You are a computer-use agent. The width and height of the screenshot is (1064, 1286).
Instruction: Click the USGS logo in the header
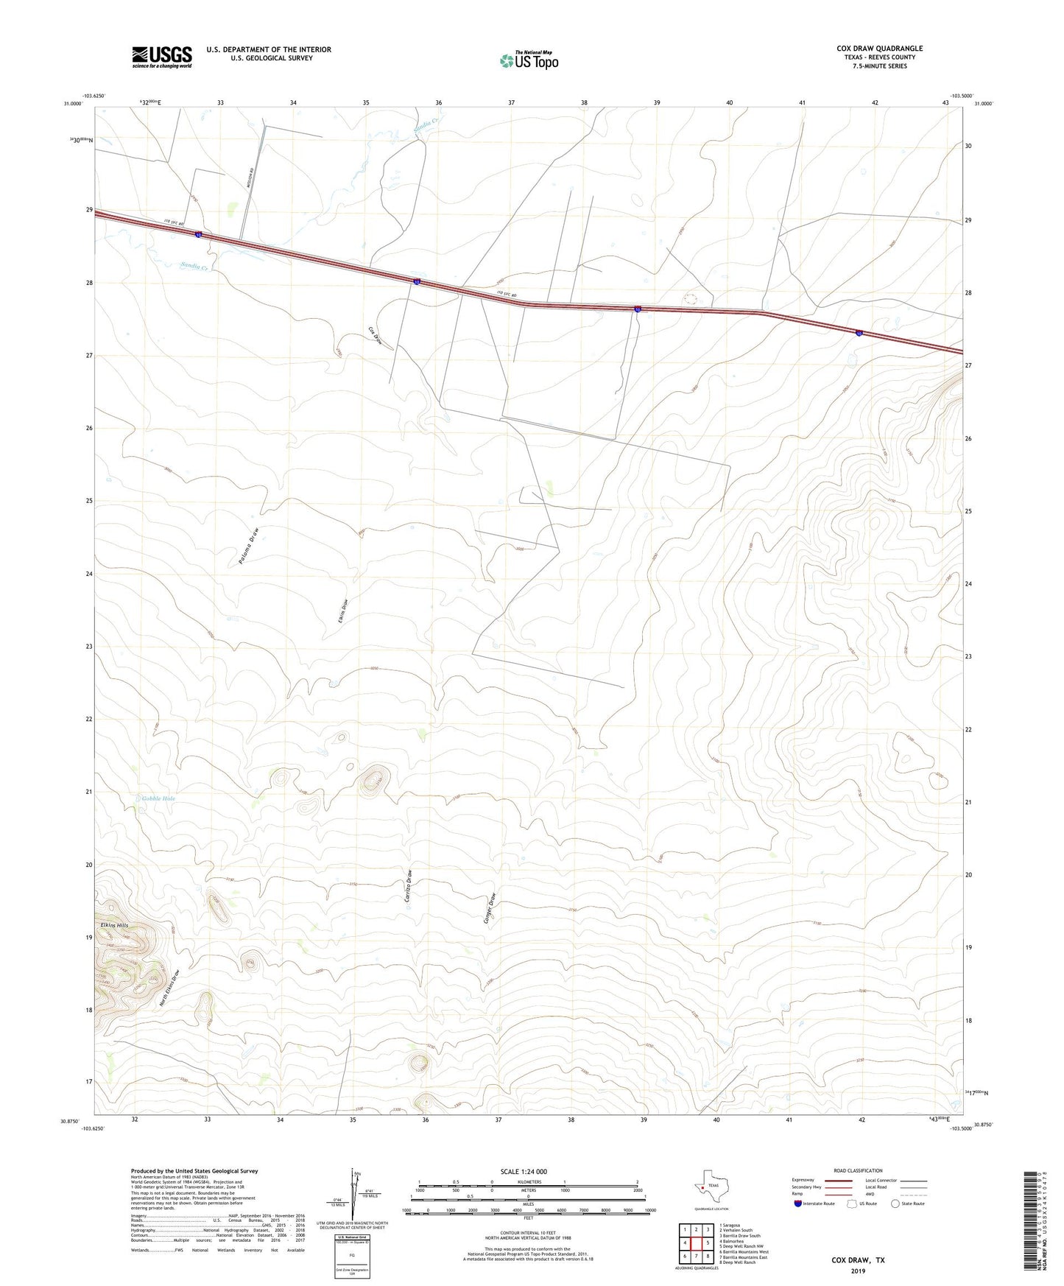pos(161,56)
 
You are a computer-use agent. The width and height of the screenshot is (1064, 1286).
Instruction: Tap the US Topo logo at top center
pos(529,60)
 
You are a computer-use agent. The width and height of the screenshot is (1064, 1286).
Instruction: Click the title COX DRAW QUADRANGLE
pos(879,49)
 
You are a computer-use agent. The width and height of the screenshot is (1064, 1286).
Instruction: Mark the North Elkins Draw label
pos(169,988)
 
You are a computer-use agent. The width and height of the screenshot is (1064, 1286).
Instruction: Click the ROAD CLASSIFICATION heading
pos(858,1170)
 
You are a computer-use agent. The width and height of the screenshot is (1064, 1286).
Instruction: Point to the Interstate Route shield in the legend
pos(798,1204)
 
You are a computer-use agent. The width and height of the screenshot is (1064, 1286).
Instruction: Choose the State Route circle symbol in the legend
pos(895,1204)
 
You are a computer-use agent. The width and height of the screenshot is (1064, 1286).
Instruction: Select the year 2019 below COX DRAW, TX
pos(858,1271)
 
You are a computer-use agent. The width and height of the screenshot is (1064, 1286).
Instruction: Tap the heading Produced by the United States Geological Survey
pos(194,1170)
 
